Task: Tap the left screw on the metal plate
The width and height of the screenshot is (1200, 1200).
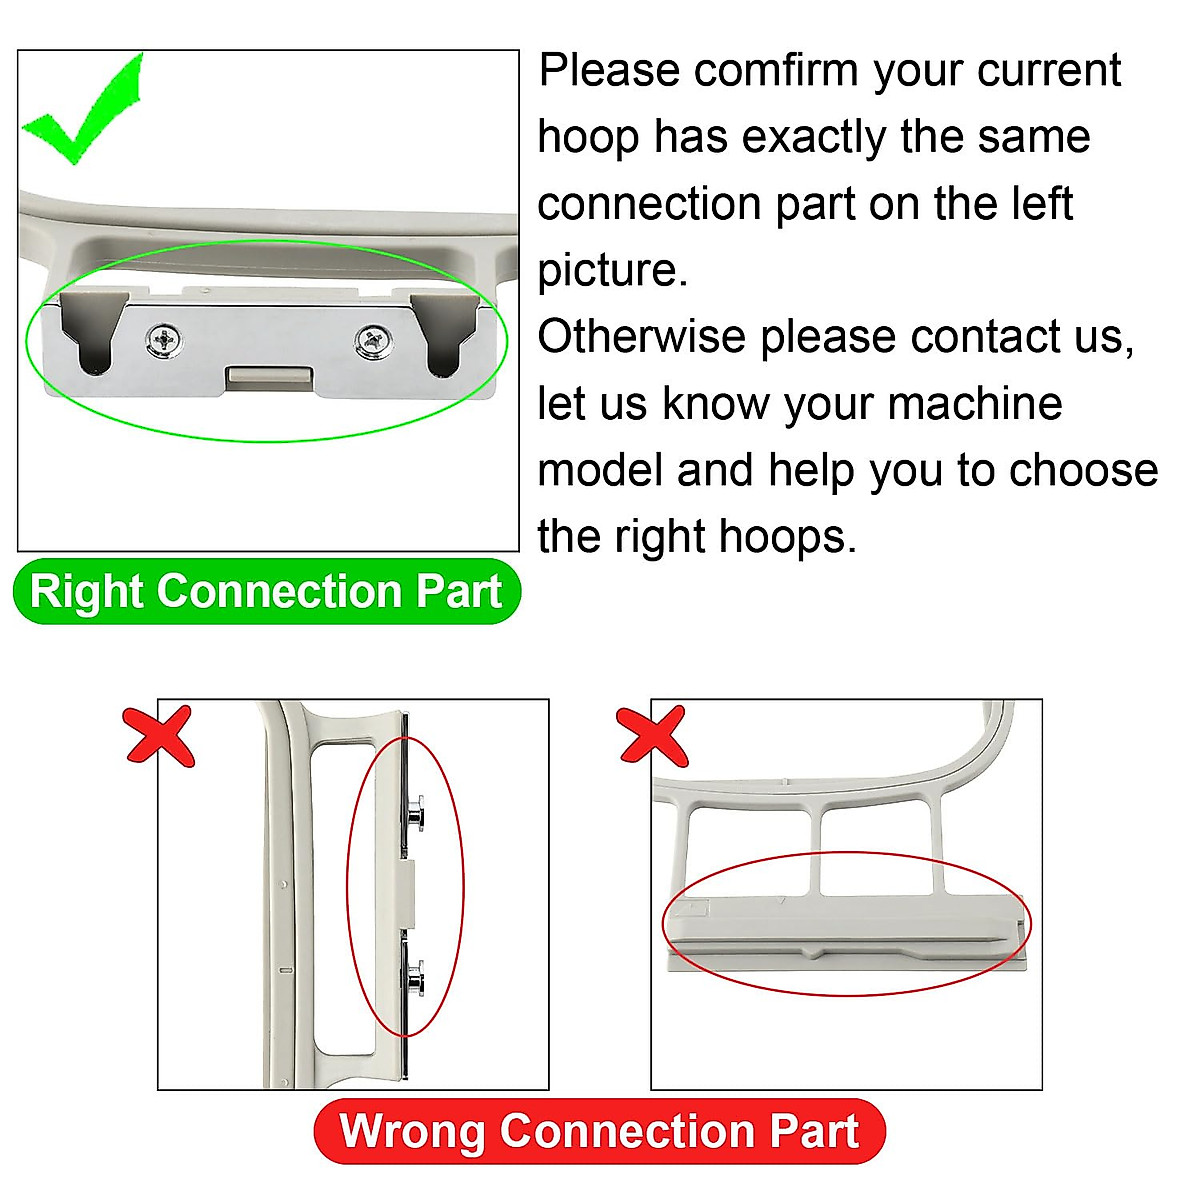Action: pyautogui.click(x=164, y=340)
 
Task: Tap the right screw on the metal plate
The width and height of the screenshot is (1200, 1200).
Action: pyautogui.click(x=371, y=342)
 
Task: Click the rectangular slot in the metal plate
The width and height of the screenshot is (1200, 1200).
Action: pyautogui.click(x=268, y=377)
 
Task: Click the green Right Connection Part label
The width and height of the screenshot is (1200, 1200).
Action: pyautogui.click(x=266, y=591)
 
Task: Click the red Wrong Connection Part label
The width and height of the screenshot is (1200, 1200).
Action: pyautogui.click(x=599, y=1131)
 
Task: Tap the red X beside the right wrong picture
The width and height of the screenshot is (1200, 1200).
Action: pyautogui.click(x=653, y=736)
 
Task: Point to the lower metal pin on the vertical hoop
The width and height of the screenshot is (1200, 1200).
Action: pyautogui.click(x=415, y=977)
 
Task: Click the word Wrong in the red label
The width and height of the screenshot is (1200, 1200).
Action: pyautogui.click(x=413, y=1131)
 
